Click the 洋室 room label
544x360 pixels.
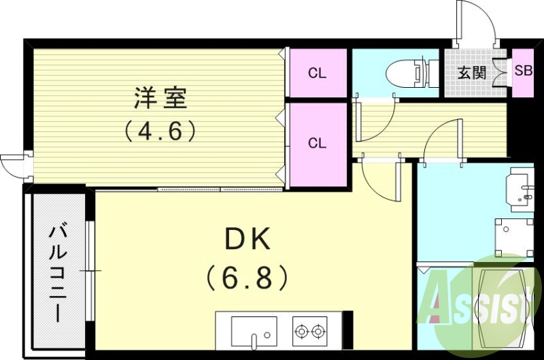click(160, 99)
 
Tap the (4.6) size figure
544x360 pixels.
click(160, 130)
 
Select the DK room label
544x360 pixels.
click(248, 240)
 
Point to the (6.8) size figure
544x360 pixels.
click(248, 276)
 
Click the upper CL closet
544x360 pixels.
click(317, 73)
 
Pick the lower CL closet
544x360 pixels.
click(317, 144)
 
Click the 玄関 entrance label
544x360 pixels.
click(471, 72)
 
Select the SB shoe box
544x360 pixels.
click(523, 71)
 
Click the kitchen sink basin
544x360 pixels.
click(252, 332)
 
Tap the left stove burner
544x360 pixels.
click(301, 332)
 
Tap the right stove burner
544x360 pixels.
click(317, 332)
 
